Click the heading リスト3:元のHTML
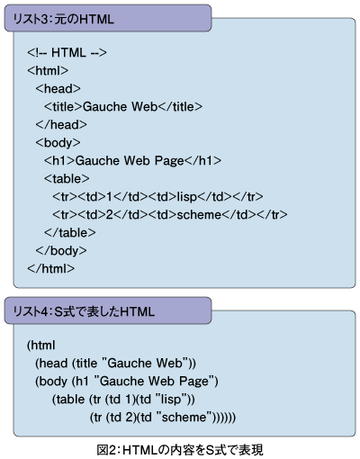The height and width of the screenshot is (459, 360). pos(63,19)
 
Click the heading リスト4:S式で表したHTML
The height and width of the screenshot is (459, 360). pos(84,311)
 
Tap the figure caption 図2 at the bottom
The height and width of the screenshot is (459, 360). pos(180,450)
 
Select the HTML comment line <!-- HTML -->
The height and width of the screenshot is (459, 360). pos(67,53)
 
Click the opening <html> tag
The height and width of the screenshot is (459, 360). pos(48,71)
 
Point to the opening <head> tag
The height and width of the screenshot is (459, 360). pos(58,89)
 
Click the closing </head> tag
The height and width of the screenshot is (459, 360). pos(61,125)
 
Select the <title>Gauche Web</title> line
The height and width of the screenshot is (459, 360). pos(123,107)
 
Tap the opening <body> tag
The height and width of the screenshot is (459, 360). pos(58,143)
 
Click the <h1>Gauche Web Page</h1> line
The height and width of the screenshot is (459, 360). pos(132,161)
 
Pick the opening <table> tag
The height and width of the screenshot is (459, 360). pos(67,179)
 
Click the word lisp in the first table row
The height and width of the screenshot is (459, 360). pos(186,197)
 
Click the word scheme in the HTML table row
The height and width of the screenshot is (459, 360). pos(199,215)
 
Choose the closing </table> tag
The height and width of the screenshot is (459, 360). pos(70,233)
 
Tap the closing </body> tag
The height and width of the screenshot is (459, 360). pos(61,251)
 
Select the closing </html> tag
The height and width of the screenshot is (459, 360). pos(50,269)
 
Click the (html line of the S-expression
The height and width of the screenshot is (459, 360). pos(41,346)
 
